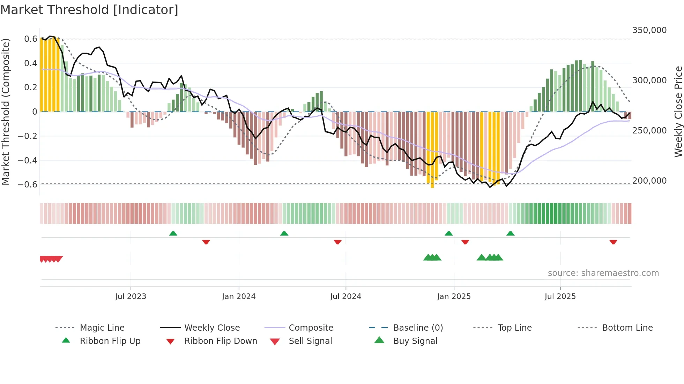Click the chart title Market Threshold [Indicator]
(89, 10)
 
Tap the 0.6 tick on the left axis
(31, 39)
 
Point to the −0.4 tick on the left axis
(28, 161)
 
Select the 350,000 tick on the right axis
(649, 30)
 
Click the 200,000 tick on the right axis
(649, 181)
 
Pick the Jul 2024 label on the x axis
(345, 297)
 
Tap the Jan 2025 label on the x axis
(454, 297)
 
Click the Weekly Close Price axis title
(678, 112)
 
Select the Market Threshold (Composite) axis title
(6, 112)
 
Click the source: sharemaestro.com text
(603, 273)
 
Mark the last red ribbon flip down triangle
(613, 242)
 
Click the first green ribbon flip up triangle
(173, 233)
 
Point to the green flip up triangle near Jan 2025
(448, 233)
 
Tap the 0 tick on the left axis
(35, 112)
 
